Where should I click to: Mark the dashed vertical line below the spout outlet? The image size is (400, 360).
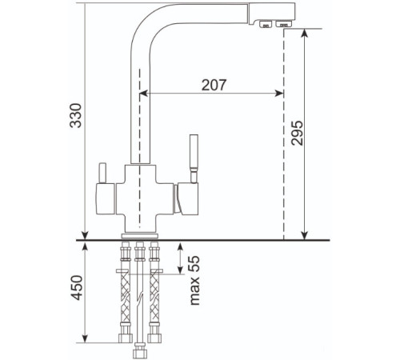pyautogui.click(x=284, y=160)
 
